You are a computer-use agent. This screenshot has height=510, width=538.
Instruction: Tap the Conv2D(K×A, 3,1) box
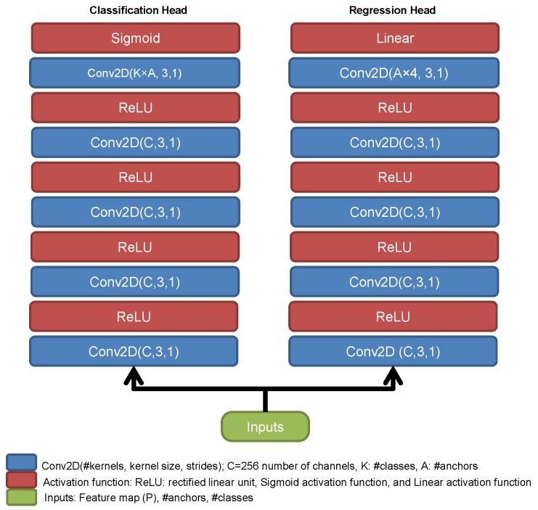coord(135,73)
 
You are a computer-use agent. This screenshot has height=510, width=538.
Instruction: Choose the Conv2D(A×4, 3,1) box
coord(394,73)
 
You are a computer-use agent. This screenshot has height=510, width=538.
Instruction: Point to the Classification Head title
coord(137,10)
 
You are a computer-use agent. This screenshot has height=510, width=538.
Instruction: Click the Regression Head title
coord(393,10)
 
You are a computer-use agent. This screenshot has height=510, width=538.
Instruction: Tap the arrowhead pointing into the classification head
coord(134,375)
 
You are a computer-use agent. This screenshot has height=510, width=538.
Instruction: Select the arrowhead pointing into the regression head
coord(394,375)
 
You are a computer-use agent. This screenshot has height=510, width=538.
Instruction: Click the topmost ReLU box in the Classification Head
coord(135,107)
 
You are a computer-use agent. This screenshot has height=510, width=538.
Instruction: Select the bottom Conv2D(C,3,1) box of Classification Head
coord(135,352)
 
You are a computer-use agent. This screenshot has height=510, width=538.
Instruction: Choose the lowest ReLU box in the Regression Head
coord(394,316)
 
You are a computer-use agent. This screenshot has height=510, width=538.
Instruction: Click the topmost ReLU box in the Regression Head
coord(394,107)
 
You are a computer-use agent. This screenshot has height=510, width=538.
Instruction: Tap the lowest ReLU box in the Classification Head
coord(135,316)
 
